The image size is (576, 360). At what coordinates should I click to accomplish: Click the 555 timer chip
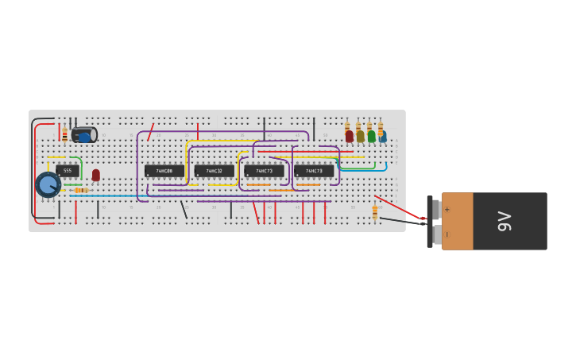pyautogui.click(x=68, y=170)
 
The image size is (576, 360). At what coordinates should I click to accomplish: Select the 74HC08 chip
pyautogui.click(x=164, y=171)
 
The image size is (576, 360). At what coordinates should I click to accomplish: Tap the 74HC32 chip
pyautogui.click(x=214, y=171)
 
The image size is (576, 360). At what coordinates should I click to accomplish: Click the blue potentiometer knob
pyautogui.click(x=48, y=184)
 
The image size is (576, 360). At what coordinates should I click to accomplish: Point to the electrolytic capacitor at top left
pyautogui.click(x=84, y=135)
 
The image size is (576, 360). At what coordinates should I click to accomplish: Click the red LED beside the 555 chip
pyautogui.click(x=96, y=174)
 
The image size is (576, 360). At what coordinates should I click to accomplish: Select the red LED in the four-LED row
pyautogui.click(x=349, y=137)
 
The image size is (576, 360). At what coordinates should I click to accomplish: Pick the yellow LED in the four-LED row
pyautogui.click(x=360, y=137)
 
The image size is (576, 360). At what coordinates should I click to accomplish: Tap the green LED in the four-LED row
pyautogui.click(x=371, y=137)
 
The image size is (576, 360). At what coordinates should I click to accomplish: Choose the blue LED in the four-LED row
pyautogui.click(x=382, y=137)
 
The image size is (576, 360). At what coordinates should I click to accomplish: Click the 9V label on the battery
pyautogui.click(x=504, y=221)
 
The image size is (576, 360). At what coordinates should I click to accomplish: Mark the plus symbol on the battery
pyautogui.click(x=446, y=210)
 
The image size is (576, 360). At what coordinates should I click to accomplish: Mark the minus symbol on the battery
pyautogui.click(x=446, y=234)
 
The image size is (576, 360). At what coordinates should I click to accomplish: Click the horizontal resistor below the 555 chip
pyautogui.click(x=79, y=191)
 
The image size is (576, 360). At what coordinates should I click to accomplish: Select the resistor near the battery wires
pyautogui.click(x=375, y=212)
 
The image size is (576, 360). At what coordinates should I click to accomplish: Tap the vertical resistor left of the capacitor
pyautogui.click(x=64, y=134)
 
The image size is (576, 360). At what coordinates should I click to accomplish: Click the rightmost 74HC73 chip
pyautogui.click(x=314, y=171)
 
